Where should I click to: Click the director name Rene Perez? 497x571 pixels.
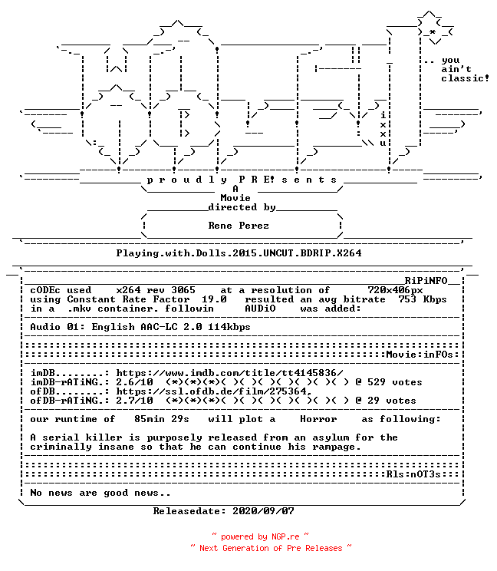point(239,226)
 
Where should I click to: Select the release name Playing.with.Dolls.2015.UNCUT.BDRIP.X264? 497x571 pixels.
point(239,253)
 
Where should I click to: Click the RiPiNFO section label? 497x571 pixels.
point(426,281)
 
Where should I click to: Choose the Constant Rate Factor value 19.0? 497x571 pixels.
point(214,299)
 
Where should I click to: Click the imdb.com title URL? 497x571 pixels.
point(229,373)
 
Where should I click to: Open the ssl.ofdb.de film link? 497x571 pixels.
point(214,391)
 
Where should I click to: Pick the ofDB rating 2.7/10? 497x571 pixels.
point(135,401)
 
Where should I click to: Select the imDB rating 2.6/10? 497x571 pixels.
point(135,382)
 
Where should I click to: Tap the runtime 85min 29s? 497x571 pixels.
point(162,419)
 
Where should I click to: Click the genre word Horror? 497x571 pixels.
point(318,419)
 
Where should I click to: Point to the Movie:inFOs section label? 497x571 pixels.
point(420,355)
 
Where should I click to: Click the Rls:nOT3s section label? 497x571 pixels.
point(413,474)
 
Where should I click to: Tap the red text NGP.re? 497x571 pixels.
point(285,536)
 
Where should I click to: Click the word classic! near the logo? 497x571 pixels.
point(465,78)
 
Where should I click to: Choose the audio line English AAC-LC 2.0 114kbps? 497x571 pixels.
point(171,327)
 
